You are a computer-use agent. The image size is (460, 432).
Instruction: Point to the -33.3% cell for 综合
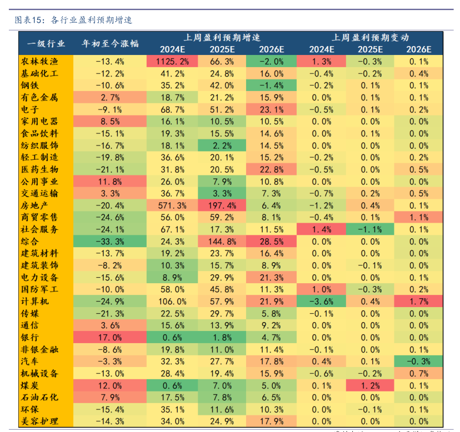110,241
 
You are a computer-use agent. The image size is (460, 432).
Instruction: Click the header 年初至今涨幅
110,43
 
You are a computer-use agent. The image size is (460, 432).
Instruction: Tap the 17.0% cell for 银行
110,337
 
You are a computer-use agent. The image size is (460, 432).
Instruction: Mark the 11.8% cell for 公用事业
110,181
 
